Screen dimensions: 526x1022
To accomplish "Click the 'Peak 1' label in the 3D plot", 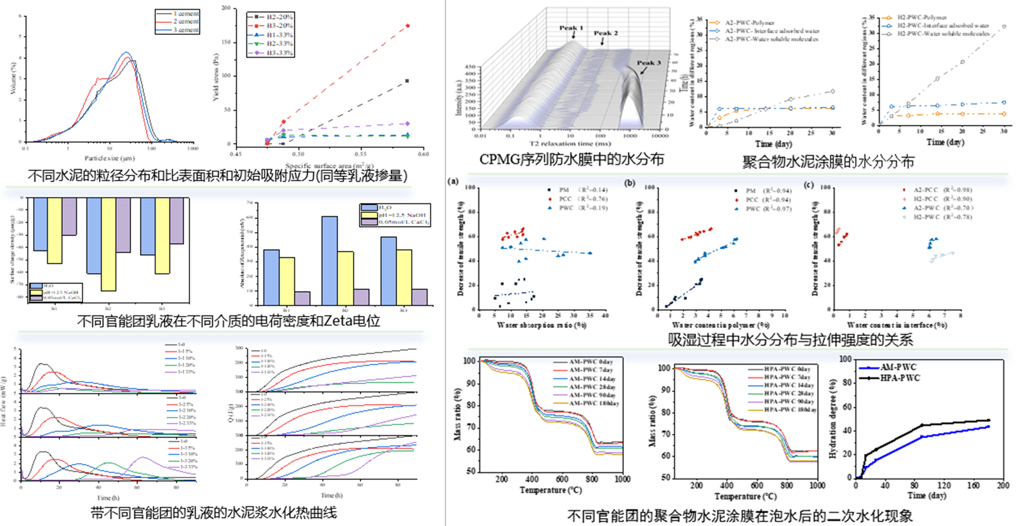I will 571,27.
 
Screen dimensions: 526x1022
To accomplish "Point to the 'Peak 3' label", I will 649,63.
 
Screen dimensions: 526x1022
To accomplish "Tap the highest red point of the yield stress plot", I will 407,26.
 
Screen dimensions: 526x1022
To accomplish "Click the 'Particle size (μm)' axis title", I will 109,158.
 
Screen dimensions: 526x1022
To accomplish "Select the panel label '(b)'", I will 630,183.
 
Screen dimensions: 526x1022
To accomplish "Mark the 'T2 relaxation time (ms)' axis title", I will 562,144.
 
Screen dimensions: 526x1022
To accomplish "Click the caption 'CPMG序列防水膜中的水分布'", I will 571,159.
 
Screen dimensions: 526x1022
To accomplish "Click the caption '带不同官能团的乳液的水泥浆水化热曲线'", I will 214,512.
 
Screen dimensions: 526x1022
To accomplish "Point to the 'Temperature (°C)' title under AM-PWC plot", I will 550,490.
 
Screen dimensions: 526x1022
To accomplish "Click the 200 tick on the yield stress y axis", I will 226,9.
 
